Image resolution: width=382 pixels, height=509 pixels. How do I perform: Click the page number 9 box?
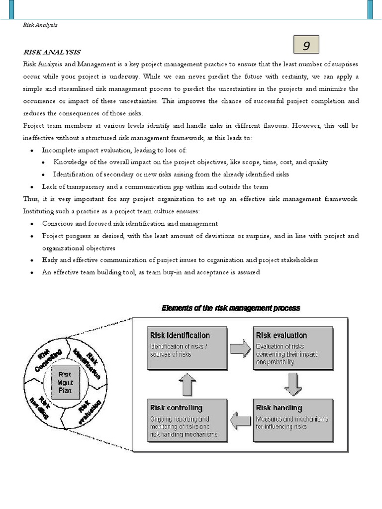[x=306, y=46]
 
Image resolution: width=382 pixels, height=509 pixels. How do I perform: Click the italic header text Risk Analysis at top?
[x=41, y=25]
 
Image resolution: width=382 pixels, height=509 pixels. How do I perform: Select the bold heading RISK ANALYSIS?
[x=52, y=52]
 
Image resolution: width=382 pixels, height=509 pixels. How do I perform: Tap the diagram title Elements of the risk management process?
[x=231, y=308]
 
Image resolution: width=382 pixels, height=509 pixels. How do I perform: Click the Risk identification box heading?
[x=180, y=336]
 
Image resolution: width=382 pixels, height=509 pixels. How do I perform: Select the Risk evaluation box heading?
[x=281, y=336]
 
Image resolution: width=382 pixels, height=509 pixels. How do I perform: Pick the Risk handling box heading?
[x=279, y=408]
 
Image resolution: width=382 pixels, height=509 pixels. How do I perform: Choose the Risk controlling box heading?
[x=176, y=408]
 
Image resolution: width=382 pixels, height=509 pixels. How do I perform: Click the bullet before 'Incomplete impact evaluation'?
[x=32, y=150]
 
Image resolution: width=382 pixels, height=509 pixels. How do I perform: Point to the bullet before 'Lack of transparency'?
[x=32, y=187]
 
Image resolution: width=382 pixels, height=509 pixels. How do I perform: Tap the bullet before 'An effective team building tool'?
[x=32, y=273]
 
